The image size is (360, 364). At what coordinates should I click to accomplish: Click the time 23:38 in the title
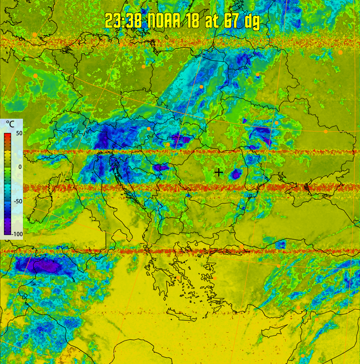[124, 20]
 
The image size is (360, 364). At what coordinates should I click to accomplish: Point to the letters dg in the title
[251, 21]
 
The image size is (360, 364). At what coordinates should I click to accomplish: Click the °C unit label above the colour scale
[10, 124]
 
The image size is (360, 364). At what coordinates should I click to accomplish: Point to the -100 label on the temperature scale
[17, 234]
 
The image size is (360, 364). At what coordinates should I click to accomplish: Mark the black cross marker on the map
[218, 172]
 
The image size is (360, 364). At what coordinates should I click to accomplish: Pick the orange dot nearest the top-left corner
[34, 35]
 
